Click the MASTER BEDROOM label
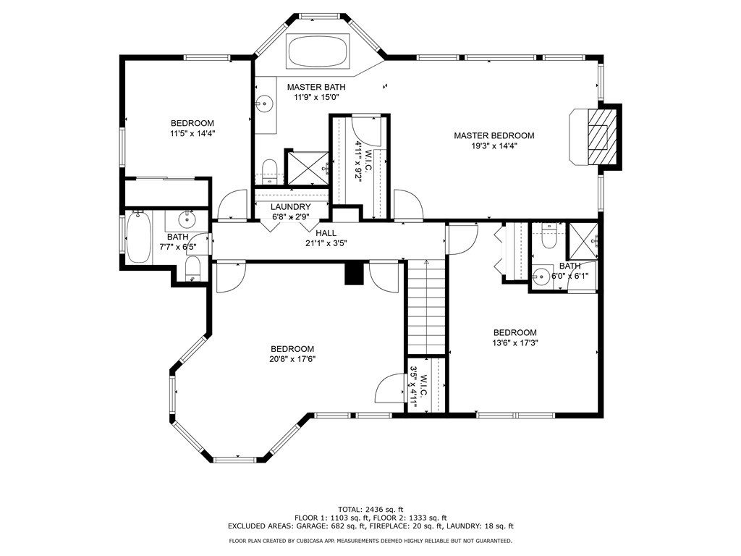point(494,135)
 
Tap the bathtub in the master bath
point(318,51)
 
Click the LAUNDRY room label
point(290,207)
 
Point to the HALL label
point(326,233)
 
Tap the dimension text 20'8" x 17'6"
point(293,358)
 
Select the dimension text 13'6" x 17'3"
point(515,343)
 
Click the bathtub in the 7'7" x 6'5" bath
point(137,237)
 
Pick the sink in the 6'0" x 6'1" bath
point(540,276)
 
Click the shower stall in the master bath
point(307,168)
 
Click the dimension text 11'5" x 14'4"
point(192,133)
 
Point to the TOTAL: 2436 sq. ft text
point(370,509)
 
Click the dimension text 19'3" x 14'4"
point(494,146)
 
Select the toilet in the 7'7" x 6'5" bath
point(192,271)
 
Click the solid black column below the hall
point(352,274)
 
